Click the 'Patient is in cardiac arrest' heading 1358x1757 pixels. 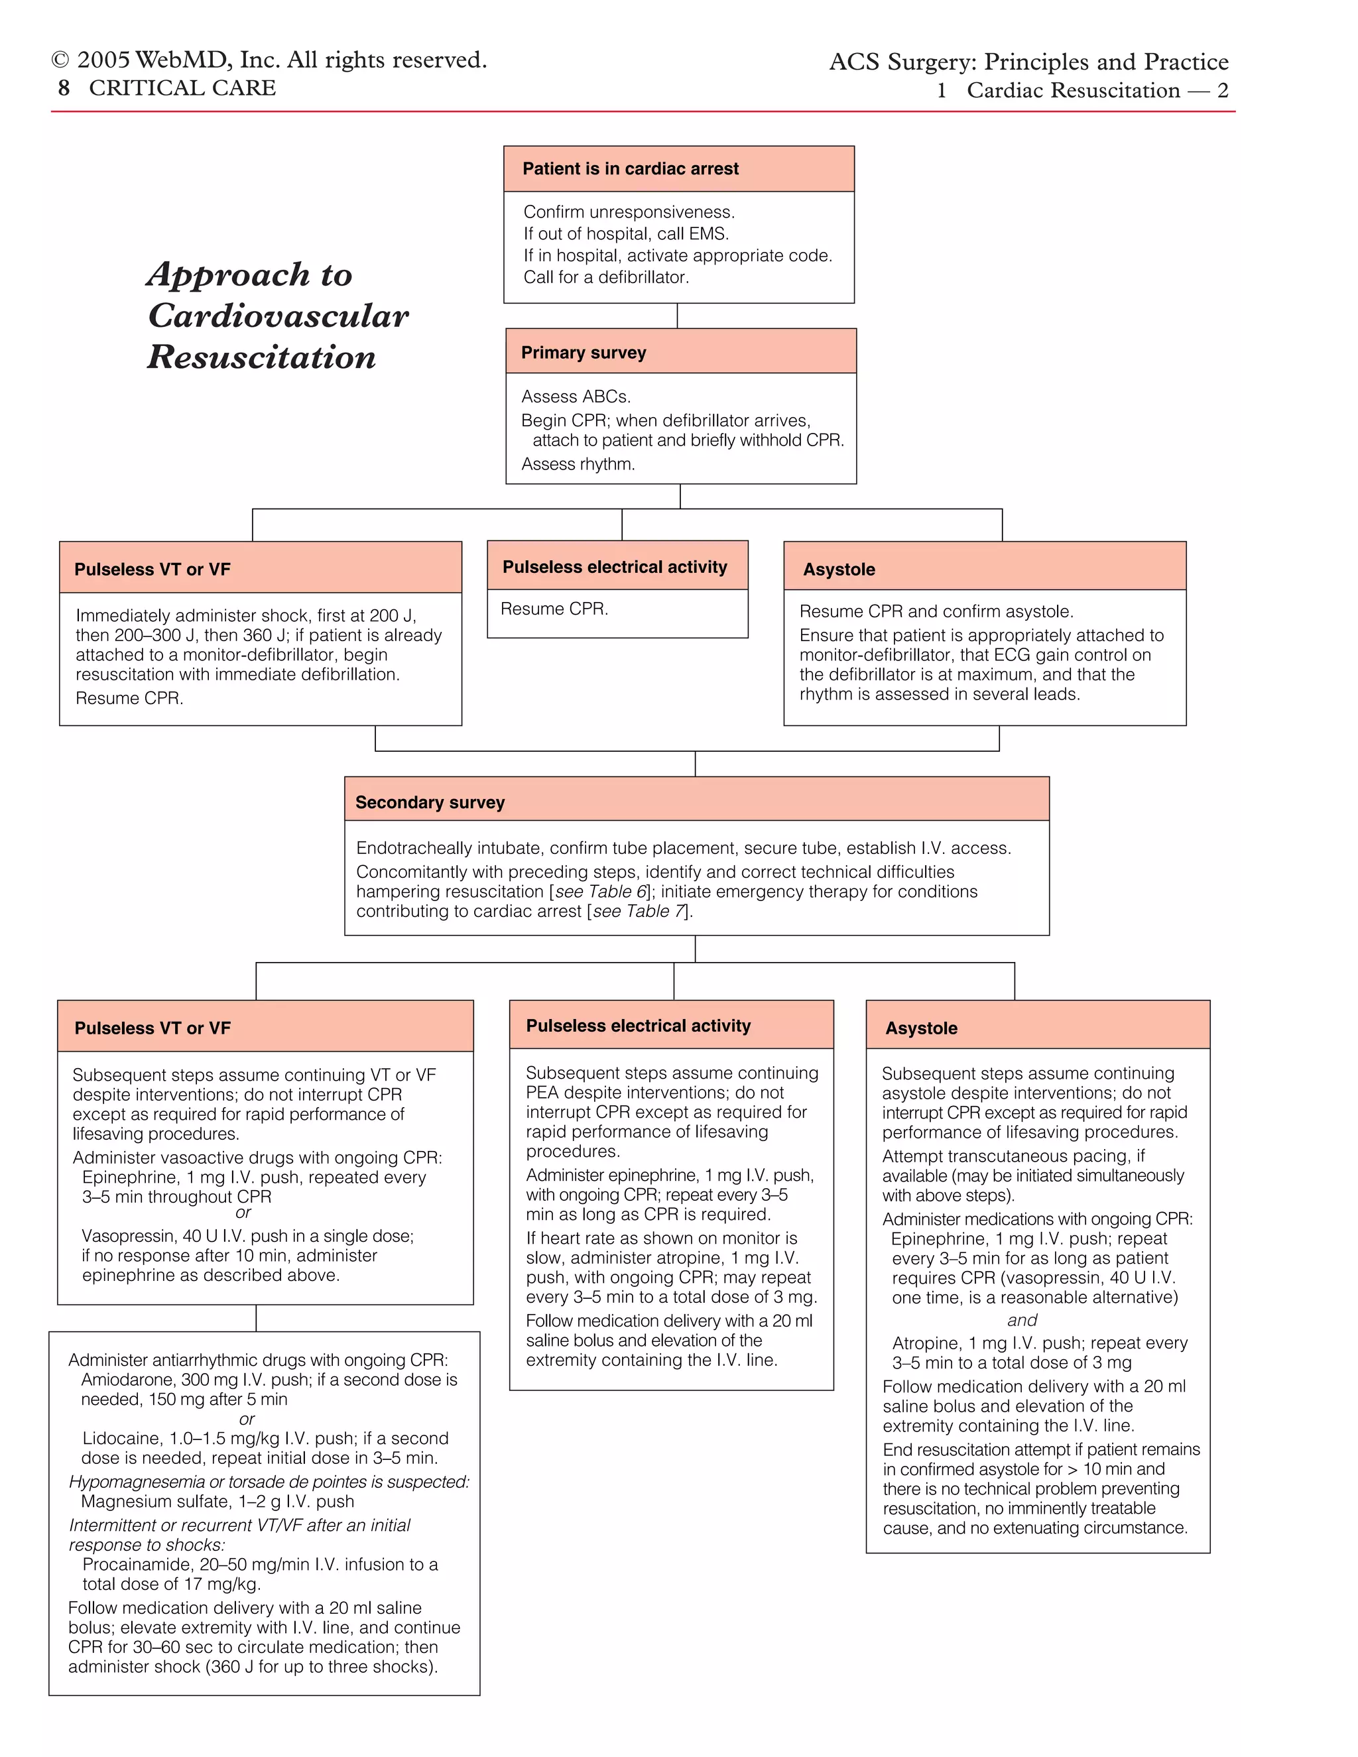[630, 169]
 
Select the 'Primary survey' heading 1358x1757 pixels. [584, 352]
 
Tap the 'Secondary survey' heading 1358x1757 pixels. [430, 802]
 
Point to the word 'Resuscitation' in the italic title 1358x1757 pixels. [261, 357]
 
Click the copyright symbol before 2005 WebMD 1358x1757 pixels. [60, 61]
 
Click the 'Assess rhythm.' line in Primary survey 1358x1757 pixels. [578, 464]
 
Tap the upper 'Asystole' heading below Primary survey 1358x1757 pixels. [838, 570]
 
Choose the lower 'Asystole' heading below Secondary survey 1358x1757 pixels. [920, 1028]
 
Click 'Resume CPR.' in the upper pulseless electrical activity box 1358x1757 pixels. [554, 609]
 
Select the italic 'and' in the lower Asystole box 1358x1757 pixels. [1022, 1320]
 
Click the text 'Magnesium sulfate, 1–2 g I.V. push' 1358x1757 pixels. [217, 1501]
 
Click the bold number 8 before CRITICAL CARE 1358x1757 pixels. [64, 88]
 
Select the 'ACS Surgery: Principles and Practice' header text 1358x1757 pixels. [1028, 62]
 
